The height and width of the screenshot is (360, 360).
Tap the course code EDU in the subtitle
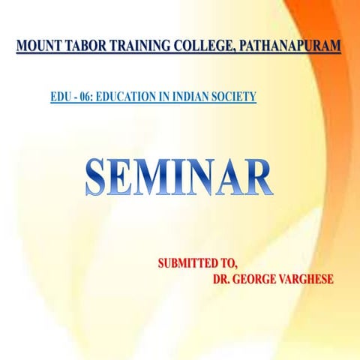59,96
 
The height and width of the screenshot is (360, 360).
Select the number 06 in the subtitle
82,96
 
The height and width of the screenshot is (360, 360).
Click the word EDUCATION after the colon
126,96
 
